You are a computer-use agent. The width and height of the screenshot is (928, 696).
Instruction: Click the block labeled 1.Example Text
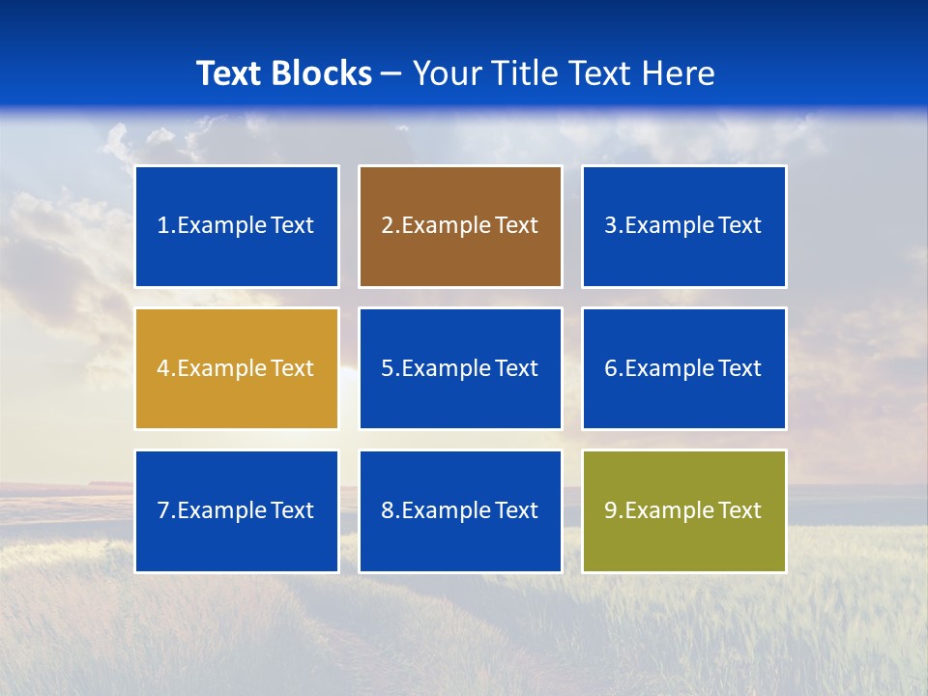point(237,226)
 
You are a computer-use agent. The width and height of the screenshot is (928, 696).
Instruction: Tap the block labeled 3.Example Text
point(683,226)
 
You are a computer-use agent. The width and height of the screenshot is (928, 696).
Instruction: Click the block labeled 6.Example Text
point(683,368)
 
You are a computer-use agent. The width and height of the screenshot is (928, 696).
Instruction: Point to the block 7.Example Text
point(237,510)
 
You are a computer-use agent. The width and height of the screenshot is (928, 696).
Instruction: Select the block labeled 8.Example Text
point(460,510)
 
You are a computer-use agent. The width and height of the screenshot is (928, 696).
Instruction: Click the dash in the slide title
point(391,73)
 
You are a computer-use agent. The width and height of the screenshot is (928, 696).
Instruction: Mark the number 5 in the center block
point(387,368)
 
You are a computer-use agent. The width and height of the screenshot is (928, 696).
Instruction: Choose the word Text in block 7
point(291,510)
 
